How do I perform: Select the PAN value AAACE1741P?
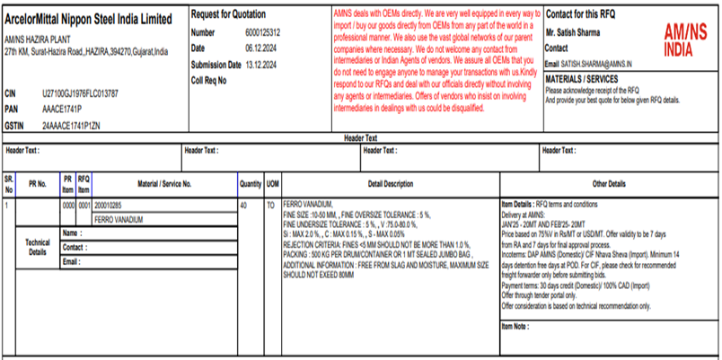(63, 108)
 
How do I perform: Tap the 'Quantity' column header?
(251, 183)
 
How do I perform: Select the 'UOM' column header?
(272, 183)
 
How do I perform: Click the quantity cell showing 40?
(243, 206)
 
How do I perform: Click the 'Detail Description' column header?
(390, 183)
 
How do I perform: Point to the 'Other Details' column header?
(609, 183)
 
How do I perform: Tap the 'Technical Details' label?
(38, 247)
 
